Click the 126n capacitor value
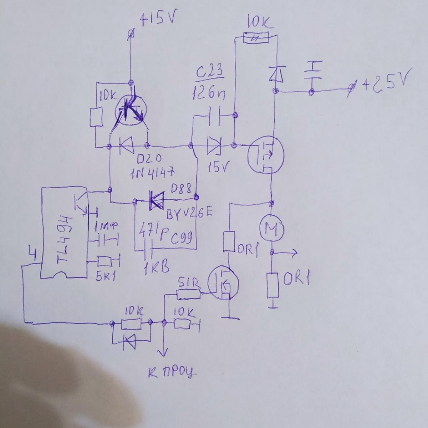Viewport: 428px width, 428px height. (209, 93)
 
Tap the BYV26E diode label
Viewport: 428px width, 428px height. (189, 213)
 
